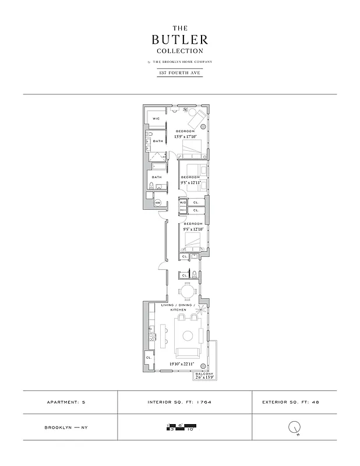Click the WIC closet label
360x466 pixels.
pyautogui.click(x=156, y=119)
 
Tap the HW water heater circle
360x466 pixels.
pyautogui.click(x=157, y=203)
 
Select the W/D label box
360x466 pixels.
pyautogui.click(x=182, y=203)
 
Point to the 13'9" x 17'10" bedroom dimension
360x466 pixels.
pyautogui.click(x=186, y=137)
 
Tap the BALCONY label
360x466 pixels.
pyautogui.click(x=204, y=373)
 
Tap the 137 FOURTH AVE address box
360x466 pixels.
pyautogui.click(x=179, y=73)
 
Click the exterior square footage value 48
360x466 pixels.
pyautogui.click(x=316, y=402)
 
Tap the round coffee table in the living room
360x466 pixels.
pyautogui.click(x=188, y=336)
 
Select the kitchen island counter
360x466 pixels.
pyautogui.click(x=163, y=336)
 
